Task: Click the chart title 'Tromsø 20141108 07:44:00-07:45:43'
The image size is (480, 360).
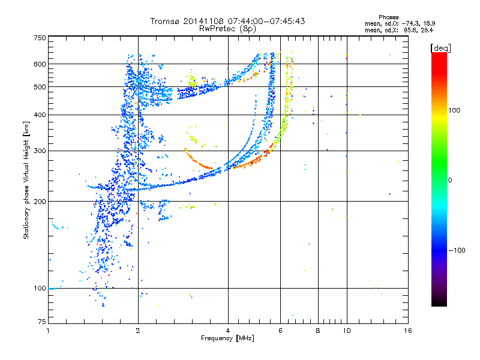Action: coord(227,21)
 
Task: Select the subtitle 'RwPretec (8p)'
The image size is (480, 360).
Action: coord(227,28)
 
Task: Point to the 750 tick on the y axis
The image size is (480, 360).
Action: coord(40,38)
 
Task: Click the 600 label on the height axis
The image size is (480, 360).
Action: coord(40,64)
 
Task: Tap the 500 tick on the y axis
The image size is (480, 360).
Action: coord(40,87)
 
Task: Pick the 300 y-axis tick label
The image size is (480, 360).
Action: coord(40,151)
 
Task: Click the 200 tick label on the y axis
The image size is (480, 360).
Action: coord(40,202)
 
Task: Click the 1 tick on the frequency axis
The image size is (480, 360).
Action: coord(48,331)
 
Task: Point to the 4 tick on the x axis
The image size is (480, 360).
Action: coord(228,331)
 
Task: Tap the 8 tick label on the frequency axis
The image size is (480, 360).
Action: coord(317,331)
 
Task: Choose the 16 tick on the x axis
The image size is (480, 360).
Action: coord(407,331)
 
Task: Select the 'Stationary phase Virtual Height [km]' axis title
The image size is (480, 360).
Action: coord(26,179)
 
